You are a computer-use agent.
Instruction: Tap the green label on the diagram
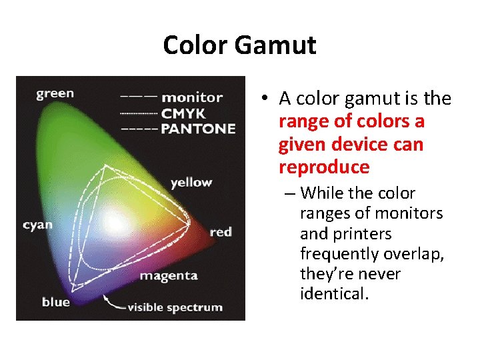click(55, 93)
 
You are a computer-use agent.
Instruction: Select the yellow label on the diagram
click(191, 182)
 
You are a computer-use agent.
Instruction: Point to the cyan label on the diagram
click(37, 225)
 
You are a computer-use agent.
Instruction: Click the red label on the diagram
click(221, 232)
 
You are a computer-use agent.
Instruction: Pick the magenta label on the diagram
click(169, 275)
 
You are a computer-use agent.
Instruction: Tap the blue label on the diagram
click(55, 302)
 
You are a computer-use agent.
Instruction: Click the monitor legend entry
click(192, 97)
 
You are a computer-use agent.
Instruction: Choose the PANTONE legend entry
click(198, 128)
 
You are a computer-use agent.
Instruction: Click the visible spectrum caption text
click(175, 307)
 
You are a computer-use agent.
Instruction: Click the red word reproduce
click(324, 167)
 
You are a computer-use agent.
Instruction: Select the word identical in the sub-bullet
click(334, 293)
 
